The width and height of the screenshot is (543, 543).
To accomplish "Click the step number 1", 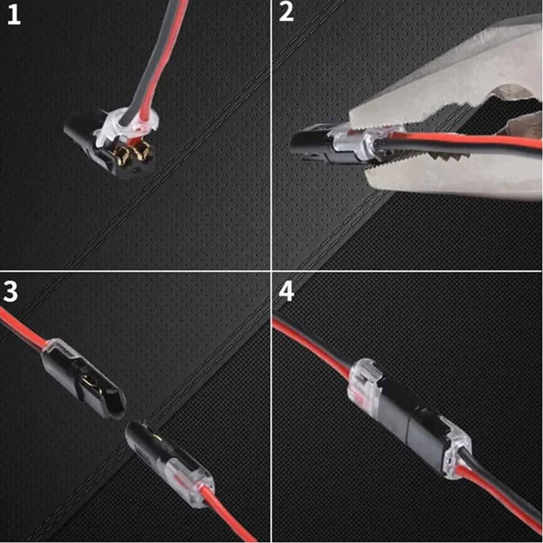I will (13, 14).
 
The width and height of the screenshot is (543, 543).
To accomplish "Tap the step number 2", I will (286, 13).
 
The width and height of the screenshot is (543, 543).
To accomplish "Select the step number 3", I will (11, 291).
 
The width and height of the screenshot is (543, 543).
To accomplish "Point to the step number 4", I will (286, 291).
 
